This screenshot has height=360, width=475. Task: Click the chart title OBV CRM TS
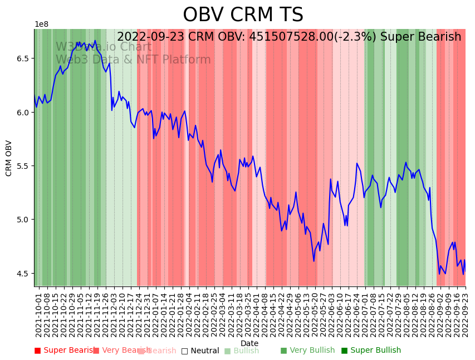[243, 15]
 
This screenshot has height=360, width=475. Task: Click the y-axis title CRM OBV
[9, 158]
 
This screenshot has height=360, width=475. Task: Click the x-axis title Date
[249, 343]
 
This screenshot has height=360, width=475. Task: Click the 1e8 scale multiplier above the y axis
[41, 25]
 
